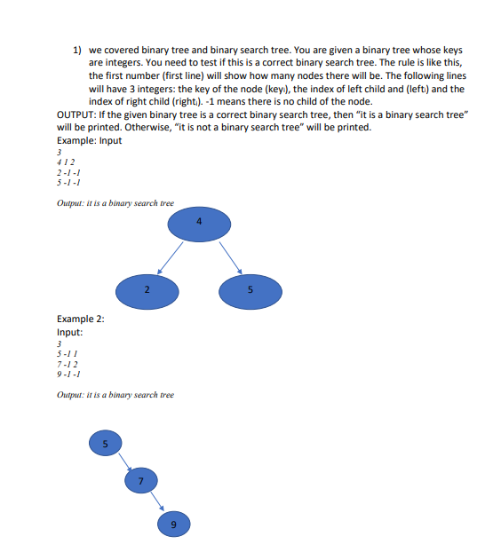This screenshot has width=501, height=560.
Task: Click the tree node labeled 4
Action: tap(199, 224)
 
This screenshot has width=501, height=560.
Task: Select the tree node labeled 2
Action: tap(148, 289)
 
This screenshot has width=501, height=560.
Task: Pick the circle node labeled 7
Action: tap(139, 481)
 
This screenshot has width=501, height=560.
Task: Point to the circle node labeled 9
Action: tap(173, 524)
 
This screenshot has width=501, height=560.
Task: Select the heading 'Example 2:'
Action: tap(79, 318)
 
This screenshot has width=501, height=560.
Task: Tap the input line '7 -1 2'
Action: tap(67, 363)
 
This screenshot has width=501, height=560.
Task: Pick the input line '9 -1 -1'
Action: tap(68, 374)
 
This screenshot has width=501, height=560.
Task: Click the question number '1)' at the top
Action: tap(77, 51)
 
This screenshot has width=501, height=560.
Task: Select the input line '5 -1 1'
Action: tap(67, 353)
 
